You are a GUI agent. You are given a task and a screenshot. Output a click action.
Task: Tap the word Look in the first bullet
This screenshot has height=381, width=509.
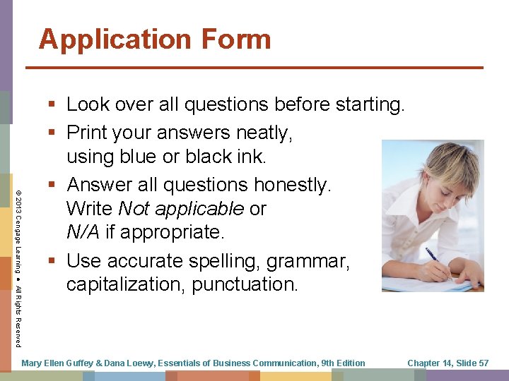(87, 105)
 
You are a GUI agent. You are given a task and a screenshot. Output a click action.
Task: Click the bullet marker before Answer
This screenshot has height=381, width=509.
(54, 186)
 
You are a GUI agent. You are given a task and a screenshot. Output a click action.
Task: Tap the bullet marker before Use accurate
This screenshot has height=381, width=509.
(54, 261)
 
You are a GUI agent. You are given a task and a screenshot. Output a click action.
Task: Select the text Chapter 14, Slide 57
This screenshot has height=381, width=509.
(448, 363)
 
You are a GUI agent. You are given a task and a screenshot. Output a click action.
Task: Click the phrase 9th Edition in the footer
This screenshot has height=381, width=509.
(343, 363)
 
